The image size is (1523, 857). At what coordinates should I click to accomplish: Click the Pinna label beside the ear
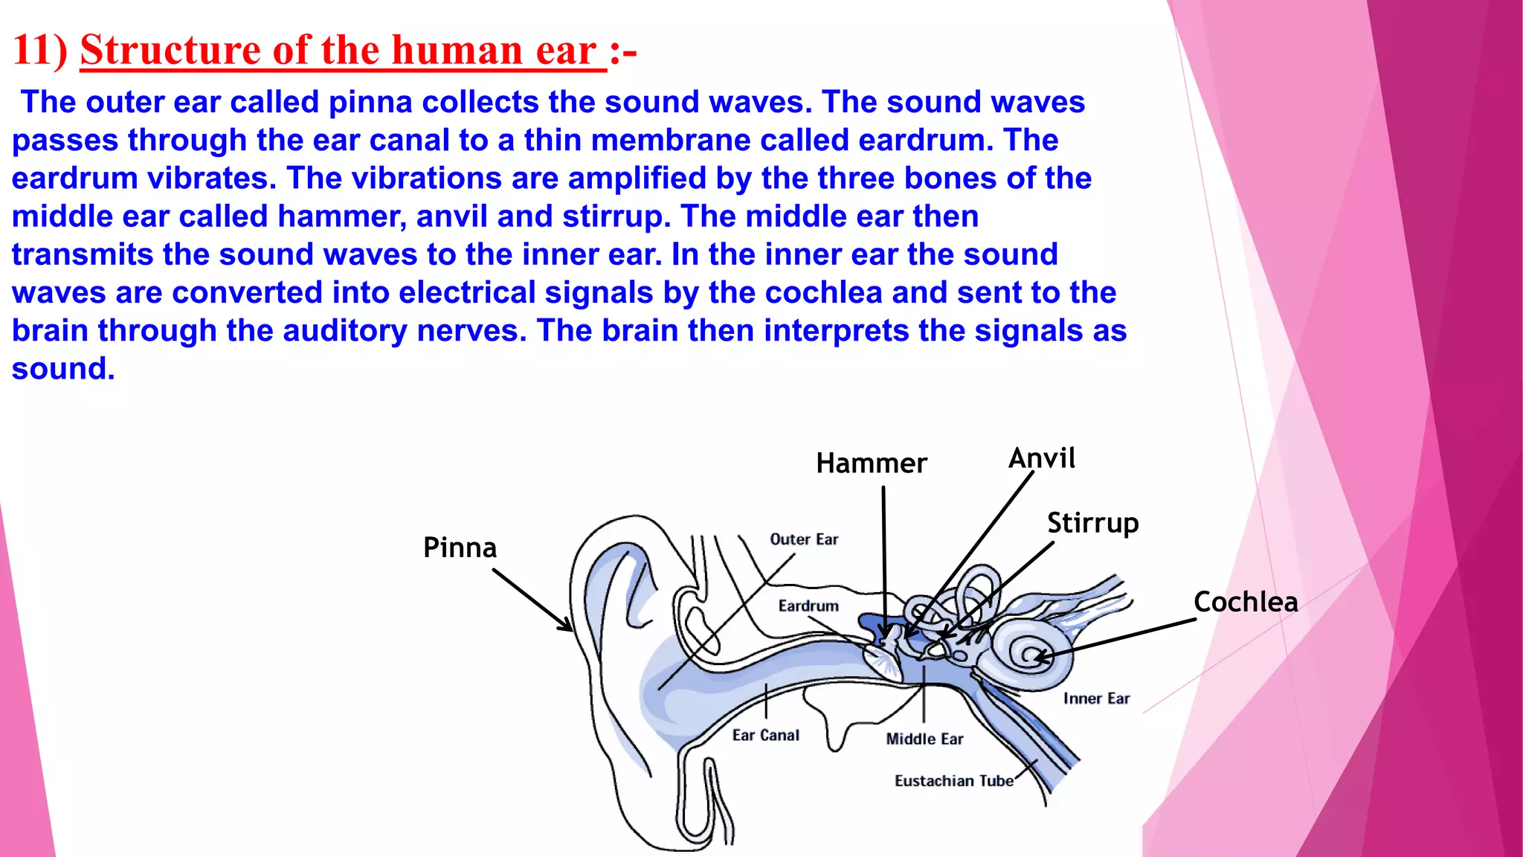point(460,548)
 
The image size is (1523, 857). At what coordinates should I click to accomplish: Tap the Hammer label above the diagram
point(871,463)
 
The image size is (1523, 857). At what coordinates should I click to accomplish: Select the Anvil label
point(1041,458)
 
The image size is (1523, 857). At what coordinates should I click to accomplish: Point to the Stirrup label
point(1092,523)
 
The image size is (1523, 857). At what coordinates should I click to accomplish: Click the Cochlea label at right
point(1246,602)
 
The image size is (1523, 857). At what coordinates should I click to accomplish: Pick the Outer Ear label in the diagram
point(804,539)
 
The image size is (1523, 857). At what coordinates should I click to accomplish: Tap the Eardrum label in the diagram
point(808,606)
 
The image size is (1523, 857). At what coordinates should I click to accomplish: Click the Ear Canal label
point(765,735)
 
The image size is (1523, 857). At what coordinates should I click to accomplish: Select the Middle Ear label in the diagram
point(924,739)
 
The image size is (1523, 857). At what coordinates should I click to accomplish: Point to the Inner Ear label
point(1096,699)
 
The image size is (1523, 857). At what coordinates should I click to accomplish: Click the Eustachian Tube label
point(954,781)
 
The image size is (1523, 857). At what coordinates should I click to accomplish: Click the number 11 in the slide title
point(31,51)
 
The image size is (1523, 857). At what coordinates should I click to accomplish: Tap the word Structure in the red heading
point(170,51)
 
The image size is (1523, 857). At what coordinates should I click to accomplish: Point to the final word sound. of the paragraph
point(63,369)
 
